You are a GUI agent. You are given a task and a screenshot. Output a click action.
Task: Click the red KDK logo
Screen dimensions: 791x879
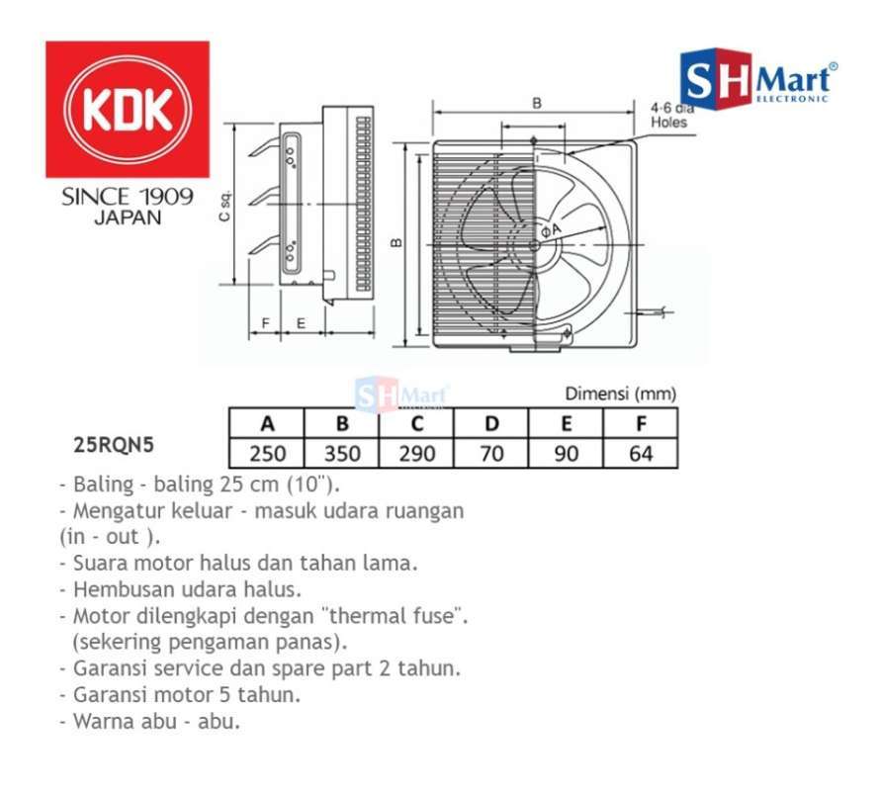[128, 109]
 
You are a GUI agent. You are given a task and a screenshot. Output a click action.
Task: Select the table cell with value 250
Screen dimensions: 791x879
[267, 454]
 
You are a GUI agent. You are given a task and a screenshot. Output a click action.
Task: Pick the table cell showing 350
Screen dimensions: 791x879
[342, 454]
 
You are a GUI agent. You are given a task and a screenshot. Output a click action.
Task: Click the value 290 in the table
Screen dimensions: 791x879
[417, 454]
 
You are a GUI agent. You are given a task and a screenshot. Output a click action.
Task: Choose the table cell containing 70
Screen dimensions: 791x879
[491, 454]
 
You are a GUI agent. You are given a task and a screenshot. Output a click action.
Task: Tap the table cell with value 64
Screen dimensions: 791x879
[641, 454]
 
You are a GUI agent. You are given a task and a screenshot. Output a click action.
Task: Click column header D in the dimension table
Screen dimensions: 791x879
[491, 425]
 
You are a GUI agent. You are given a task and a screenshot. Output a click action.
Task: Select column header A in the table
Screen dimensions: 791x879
[267, 425]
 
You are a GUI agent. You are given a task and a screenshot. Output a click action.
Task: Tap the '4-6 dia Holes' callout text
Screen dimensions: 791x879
[672, 116]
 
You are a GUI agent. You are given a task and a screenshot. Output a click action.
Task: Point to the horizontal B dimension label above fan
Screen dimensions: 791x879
[536, 102]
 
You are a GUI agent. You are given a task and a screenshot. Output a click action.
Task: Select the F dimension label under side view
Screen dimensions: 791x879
[265, 322]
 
